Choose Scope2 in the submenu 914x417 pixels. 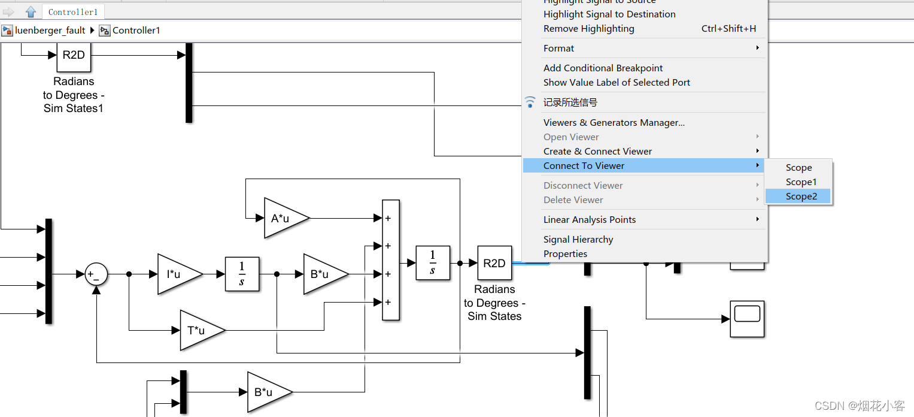click(801, 197)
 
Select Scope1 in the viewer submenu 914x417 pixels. click(801, 182)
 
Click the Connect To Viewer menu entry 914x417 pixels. click(584, 166)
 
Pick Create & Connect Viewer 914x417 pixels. click(597, 152)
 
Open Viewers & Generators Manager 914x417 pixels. click(614, 123)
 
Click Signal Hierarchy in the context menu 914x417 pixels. click(578, 240)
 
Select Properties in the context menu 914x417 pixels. click(565, 254)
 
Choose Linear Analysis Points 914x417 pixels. click(590, 220)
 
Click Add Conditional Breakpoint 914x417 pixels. click(603, 68)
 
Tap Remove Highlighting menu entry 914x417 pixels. click(588, 29)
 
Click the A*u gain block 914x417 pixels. click(284, 218)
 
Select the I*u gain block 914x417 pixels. click(177, 274)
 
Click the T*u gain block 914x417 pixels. click(199, 330)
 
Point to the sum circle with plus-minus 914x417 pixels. click(96, 274)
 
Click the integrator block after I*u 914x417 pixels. click(242, 274)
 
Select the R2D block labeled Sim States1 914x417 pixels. click(74, 56)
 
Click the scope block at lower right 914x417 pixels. click(747, 319)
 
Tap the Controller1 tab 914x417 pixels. click(73, 12)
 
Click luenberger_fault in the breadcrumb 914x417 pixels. click(50, 31)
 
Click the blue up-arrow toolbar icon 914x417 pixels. click(31, 12)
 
